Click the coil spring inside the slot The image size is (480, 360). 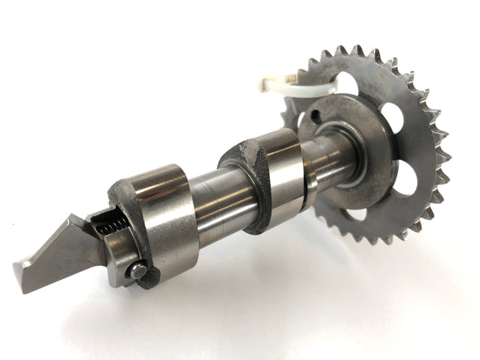click(x=106, y=224)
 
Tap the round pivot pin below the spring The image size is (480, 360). click(x=137, y=271)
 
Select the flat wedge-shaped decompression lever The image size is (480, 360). click(x=58, y=252)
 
